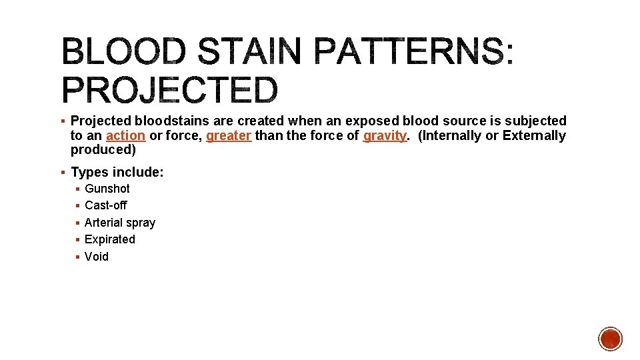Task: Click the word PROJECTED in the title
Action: pos(169,90)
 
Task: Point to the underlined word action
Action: pos(125,135)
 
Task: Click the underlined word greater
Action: pos(229,135)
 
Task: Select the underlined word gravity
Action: pos(385,135)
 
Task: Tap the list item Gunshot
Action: pos(107,189)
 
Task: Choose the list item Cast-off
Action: pos(105,205)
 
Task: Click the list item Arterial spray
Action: pos(120,223)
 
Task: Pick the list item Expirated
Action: pos(110,239)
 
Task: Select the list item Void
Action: pos(97,257)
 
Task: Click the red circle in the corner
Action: pos(610,339)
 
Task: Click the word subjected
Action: pos(535,121)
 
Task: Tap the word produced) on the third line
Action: pos(103,150)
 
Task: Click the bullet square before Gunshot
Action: pos(78,189)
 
